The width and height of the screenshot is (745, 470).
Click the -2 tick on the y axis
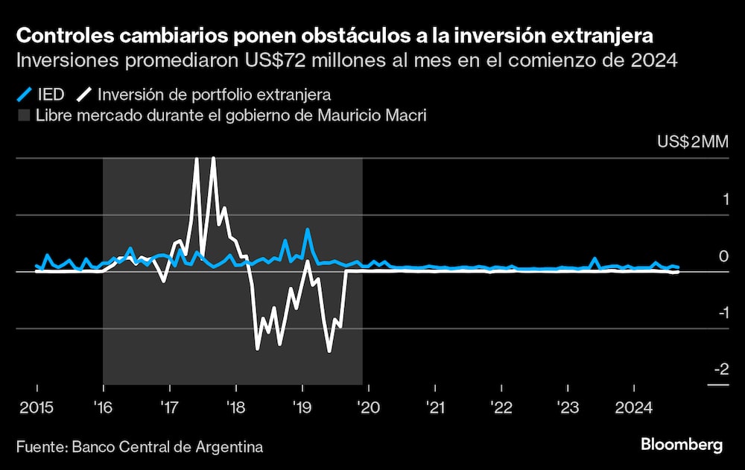click(x=720, y=369)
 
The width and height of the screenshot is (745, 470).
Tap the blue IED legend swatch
click(x=24, y=95)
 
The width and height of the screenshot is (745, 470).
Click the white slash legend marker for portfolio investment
click(x=86, y=95)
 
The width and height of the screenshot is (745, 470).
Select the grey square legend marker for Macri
click(x=24, y=115)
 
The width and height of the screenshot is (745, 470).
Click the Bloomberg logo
click(x=682, y=445)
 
